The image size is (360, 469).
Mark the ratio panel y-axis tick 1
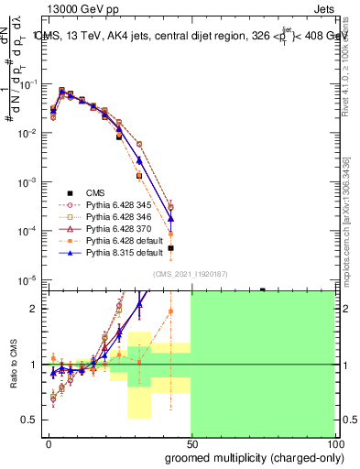33,365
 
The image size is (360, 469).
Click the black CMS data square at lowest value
171,248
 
